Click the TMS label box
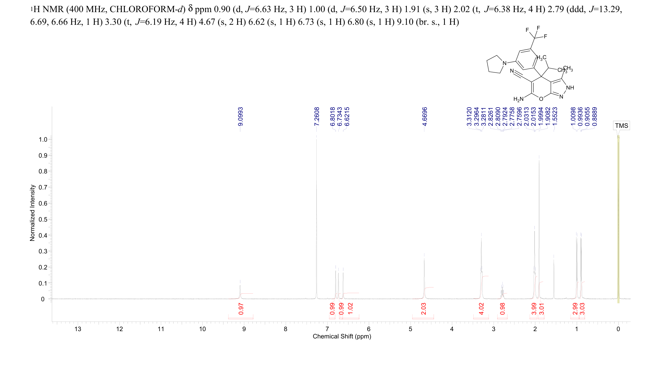621,126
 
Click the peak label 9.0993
240,117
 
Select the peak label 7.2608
317,117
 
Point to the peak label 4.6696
425,117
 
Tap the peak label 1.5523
555,117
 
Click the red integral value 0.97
241,309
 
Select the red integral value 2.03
423,309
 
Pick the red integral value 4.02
481,309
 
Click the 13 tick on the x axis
78,329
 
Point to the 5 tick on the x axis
410,329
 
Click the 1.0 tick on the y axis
43,140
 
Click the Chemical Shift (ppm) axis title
342,336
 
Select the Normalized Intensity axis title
32,213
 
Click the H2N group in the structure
518,99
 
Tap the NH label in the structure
570,88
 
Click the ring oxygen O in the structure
541,99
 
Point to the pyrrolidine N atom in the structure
504,63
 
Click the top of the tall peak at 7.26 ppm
317,136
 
